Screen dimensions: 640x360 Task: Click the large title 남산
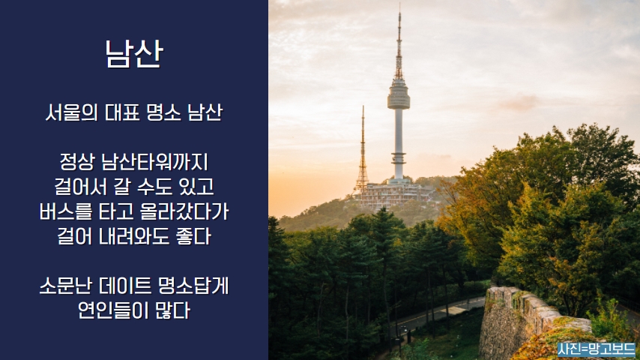(x=134, y=53)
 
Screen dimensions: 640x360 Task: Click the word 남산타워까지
(x=154, y=162)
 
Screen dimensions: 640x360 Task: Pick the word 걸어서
(x=80, y=187)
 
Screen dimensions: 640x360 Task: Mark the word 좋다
(x=193, y=236)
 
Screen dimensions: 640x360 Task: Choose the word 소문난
(x=66, y=286)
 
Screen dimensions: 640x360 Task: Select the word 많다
(x=172, y=311)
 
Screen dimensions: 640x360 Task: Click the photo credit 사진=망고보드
(x=597, y=349)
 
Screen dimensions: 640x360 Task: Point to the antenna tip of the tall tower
(x=399, y=5)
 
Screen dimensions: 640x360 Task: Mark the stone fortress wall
(x=531, y=322)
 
